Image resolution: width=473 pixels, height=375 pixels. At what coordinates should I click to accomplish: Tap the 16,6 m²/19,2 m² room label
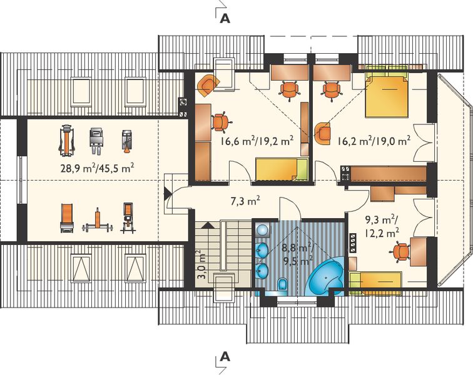click(x=257, y=141)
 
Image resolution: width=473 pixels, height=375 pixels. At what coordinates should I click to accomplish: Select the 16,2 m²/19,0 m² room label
click(x=373, y=141)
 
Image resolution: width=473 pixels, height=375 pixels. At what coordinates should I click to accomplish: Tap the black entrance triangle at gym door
click(x=167, y=195)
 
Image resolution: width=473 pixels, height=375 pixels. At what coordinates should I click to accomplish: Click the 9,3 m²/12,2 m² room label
click(x=382, y=227)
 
